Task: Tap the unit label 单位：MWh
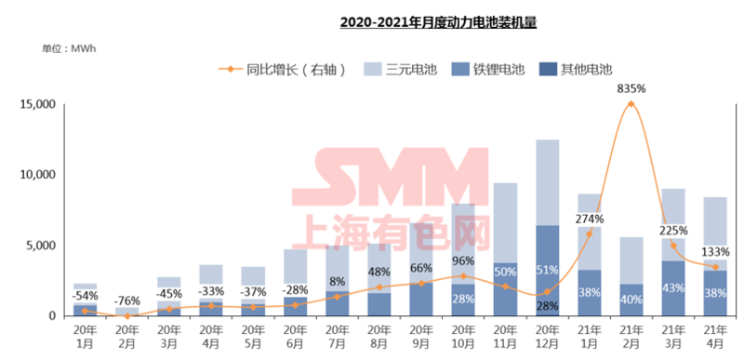click(68, 48)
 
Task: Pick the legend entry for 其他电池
click(576, 68)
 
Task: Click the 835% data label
click(631, 89)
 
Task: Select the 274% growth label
click(590, 220)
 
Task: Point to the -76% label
click(127, 300)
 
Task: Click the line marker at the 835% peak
click(631, 104)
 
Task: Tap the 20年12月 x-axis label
click(547, 337)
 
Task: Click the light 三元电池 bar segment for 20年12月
click(547, 181)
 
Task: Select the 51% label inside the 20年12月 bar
click(547, 271)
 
